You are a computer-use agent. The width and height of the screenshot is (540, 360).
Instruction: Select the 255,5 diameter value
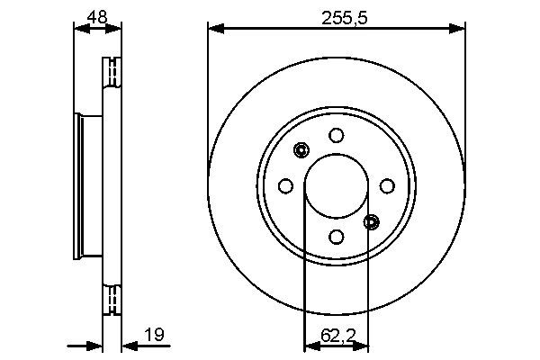pyautogui.click(x=337, y=14)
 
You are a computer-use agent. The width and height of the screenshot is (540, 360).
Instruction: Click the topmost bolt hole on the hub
pyautogui.click(x=337, y=136)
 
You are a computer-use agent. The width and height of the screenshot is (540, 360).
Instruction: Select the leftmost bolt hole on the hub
pyautogui.click(x=286, y=186)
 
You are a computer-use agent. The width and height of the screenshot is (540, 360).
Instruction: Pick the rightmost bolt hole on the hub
pyautogui.click(x=387, y=186)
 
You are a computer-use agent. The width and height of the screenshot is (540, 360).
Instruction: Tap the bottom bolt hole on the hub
pyautogui.click(x=337, y=237)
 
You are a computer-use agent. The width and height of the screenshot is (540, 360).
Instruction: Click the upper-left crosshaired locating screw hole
pyautogui.click(x=301, y=150)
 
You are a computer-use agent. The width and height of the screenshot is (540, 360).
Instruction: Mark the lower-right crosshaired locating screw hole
pyautogui.click(x=372, y=221)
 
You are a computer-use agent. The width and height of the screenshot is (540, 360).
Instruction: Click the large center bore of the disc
pyautogui.click(x=337, y=186)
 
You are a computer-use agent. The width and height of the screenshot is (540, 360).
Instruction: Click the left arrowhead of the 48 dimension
pyautogui.click(x=80, y=30)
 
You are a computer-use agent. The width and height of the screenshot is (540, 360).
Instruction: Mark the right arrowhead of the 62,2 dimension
pyautogui.click(x=362, y=344)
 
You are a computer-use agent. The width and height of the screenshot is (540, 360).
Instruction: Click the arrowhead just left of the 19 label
pyautogui.click(x=128, y=344)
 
